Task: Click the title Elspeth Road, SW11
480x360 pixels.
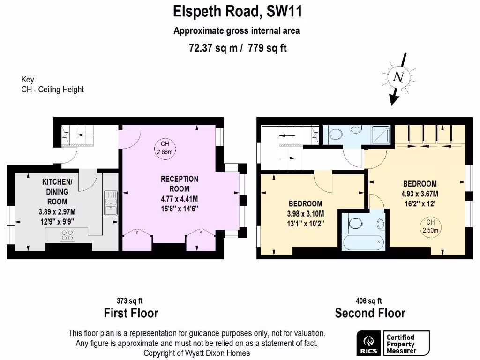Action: pos(238,11)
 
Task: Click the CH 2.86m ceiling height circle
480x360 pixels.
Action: pos(165,148)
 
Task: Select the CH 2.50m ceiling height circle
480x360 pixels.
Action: pos(429,226)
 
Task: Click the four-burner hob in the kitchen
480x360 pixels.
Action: pos(67,236)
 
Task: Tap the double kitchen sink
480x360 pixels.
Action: pos(111,202)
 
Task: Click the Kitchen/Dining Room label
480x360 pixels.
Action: pos(57,191)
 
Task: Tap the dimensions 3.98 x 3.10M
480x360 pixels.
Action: pos(305,213)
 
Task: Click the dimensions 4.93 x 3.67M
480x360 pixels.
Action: pos(420,193)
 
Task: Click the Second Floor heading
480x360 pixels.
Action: pos(370,313)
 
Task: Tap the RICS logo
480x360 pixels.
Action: pos(368,344)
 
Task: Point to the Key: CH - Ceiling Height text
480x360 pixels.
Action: pos(52,85)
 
